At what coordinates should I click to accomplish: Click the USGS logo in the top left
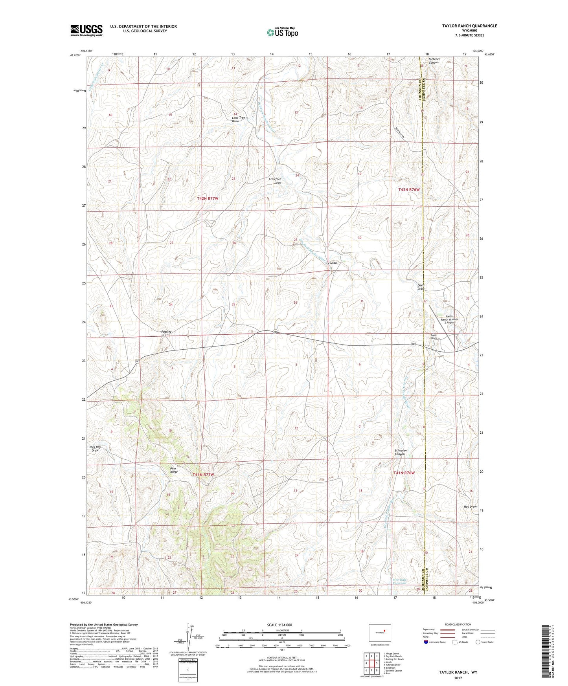click(86, 30)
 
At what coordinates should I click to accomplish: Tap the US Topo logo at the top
click(282, 32)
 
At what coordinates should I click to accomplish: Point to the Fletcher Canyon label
click(434, 61)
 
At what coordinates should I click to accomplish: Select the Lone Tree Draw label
click(238, 119)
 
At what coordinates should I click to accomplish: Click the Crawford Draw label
click(275, 181)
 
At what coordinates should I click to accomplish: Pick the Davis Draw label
click(421, 287)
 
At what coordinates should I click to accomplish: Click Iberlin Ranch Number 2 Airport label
click(449, 319)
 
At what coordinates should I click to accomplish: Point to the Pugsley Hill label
click(166, 334)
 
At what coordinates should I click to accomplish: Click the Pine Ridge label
click(174, 470)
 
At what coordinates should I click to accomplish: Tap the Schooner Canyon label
click(401, 452)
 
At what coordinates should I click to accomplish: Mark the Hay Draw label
click(470, 507)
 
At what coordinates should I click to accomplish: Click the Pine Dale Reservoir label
click(399, 581)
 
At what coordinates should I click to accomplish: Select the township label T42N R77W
click(207, 199)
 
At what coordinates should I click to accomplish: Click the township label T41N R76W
click(404, 473)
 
